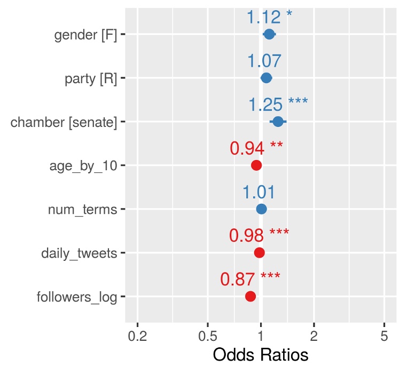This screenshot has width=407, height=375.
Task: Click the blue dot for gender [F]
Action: (269, 35)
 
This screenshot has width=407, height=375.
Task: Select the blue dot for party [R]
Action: (266, 78)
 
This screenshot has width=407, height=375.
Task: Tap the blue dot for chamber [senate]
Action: (278, 122)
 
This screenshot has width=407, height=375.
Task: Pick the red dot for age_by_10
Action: (256, 165)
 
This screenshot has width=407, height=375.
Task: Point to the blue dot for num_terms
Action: (261, 209)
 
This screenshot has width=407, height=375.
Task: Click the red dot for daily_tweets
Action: (259, 253)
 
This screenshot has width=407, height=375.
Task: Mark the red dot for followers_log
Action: (250, 296)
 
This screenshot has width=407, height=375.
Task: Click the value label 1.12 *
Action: (269, 18)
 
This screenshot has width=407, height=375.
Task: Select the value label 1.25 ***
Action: (278, 105)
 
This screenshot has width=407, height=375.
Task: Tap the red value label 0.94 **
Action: (256, 148)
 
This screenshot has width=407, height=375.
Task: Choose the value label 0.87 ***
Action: (250, 279)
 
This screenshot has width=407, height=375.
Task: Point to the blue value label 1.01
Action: (259, 192)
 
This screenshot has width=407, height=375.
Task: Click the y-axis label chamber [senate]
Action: (64, 122)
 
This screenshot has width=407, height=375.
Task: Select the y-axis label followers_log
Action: (77, 297)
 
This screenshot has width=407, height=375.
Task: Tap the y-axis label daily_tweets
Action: (79, 253)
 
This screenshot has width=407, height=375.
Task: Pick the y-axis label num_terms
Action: (82, 209)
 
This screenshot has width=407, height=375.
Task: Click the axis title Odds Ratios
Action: (261, 355)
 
